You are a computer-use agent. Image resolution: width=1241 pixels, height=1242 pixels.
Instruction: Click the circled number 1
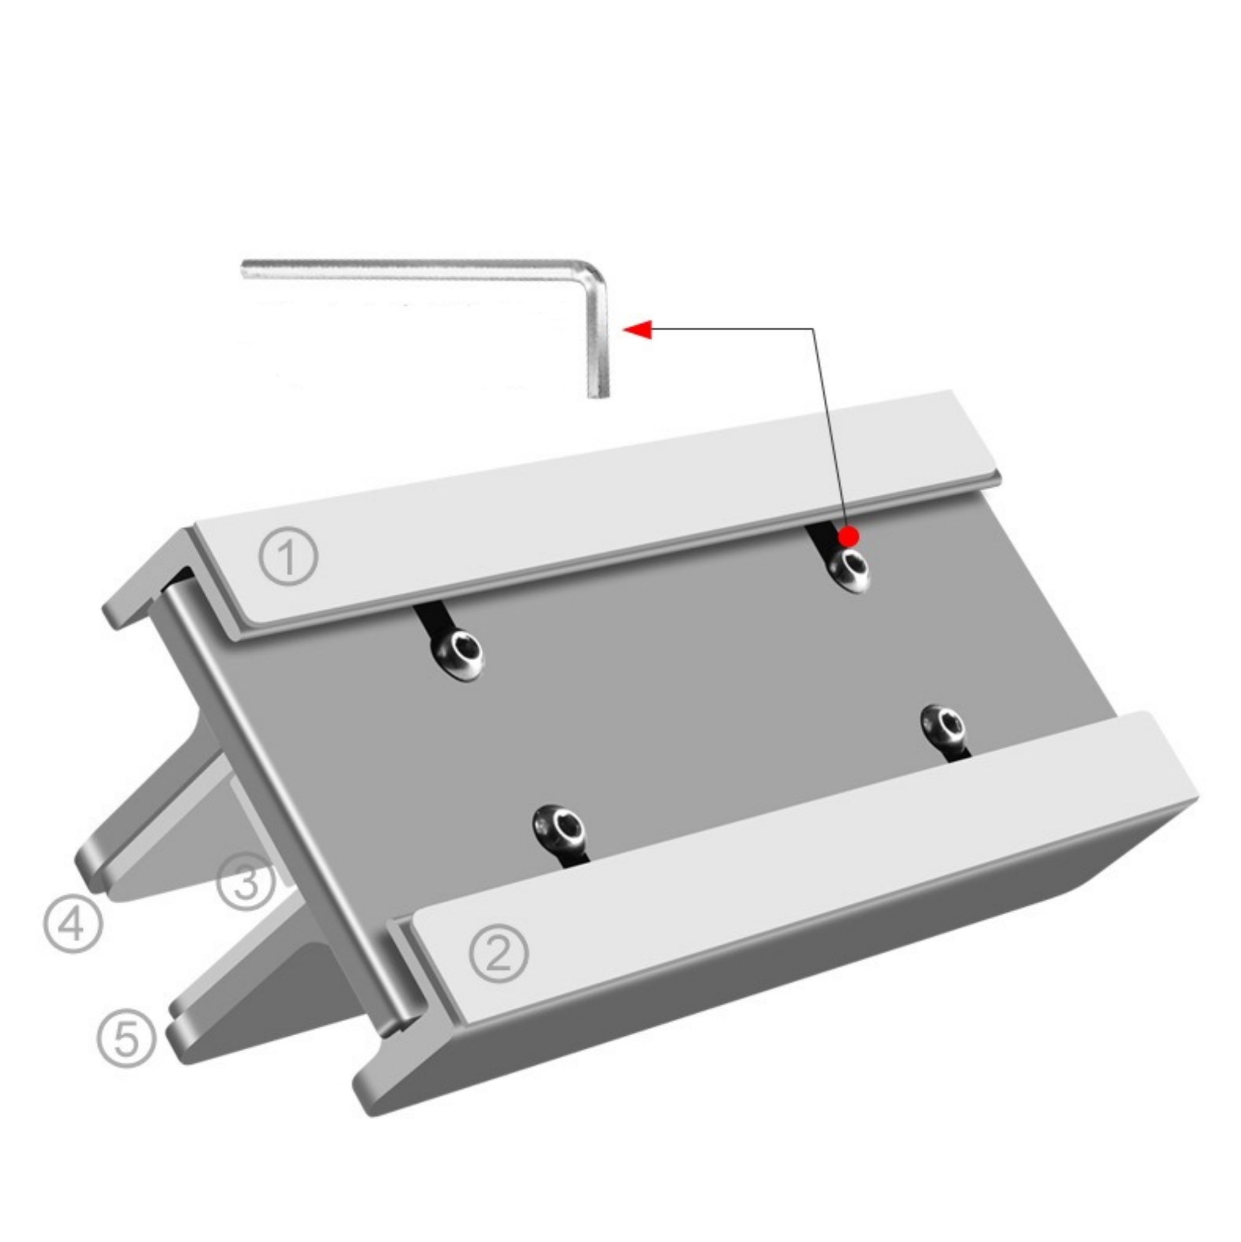tap(288, 555)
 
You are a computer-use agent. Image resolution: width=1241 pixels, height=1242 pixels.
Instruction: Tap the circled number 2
tap(498, 952)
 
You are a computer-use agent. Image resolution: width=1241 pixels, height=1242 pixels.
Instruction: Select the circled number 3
tap(246, 883)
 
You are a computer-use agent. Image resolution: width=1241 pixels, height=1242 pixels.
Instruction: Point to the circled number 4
tap(72, 924)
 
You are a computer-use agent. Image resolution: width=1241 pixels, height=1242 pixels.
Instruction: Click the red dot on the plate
tap(849, 535)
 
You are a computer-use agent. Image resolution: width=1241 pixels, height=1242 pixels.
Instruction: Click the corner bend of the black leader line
tap(814, 329)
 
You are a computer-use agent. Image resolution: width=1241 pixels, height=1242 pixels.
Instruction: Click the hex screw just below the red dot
tap(848, 568)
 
